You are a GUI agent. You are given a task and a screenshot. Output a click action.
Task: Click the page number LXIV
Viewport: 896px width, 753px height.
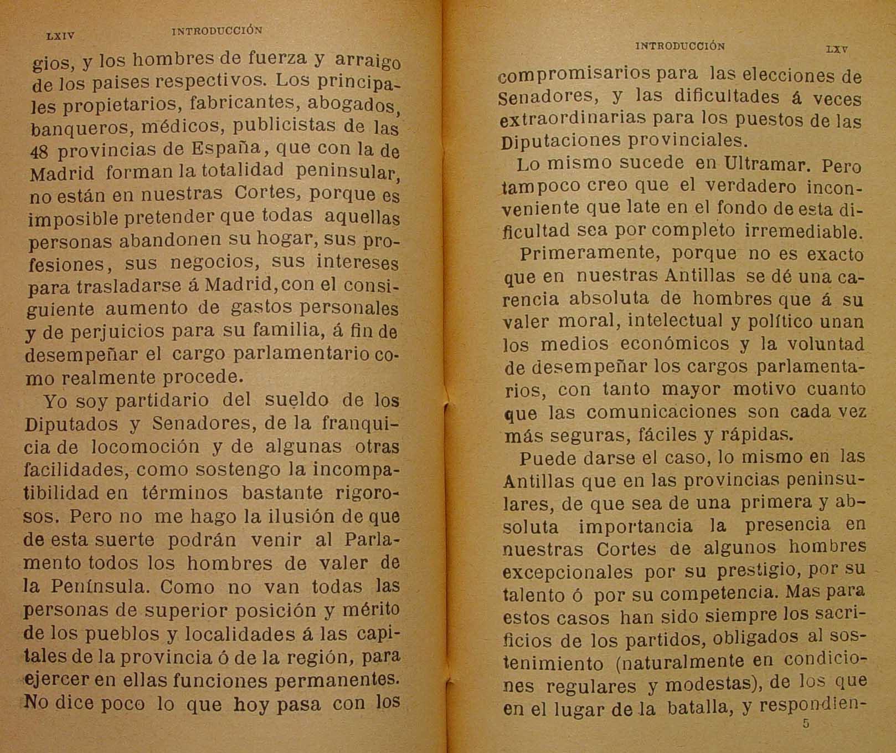[x=60, y=36]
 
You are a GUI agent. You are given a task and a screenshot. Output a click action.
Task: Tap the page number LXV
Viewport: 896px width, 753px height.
[x=836, y=49]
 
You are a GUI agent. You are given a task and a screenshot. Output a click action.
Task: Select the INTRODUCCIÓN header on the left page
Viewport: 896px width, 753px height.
[x=217, y=32]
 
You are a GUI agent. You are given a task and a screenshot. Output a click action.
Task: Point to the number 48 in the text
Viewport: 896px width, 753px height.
[x=40, y=152]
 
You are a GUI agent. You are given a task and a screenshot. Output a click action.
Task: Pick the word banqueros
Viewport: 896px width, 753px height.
[x=73, y=129]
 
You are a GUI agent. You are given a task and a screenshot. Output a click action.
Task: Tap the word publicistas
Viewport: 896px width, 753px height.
[x=284, y=125]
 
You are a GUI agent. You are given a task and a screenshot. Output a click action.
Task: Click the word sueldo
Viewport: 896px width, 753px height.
[x=296, y=399]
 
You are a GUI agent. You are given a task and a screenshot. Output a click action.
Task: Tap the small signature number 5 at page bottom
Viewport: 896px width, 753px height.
[x=806, y=724]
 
